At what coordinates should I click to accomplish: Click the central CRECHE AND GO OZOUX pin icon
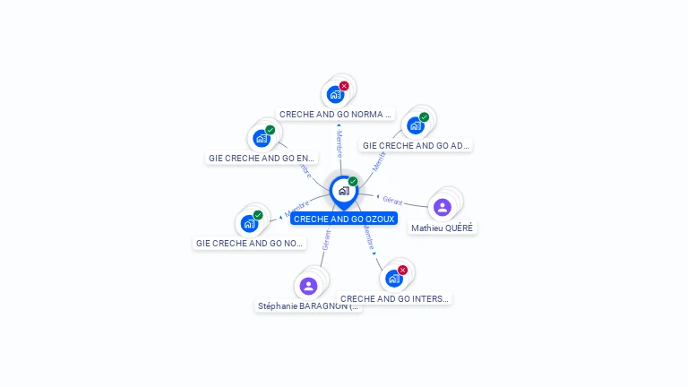click(x=343, y=191)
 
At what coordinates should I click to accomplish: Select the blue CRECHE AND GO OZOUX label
click(x=343, y=219)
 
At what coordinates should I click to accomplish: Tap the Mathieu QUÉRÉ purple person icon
click(x=442, y=207)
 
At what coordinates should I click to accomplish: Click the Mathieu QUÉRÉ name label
click(x=442, y=228)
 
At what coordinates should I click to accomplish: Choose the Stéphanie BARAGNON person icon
click(x=308, y=286)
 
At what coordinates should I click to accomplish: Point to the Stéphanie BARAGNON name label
click(x=308, y=306)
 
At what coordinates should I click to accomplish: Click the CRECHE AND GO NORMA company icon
click(x=335, y=94)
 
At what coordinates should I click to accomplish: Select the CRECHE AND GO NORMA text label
click(x=335, y=115)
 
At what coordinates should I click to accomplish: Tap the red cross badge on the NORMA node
click(x=344, y=86)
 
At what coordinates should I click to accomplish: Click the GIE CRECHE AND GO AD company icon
click(x=415, y=125)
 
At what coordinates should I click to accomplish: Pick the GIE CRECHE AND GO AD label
click(x=416, y=145)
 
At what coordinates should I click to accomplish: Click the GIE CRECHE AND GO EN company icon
click(x=261, y=138)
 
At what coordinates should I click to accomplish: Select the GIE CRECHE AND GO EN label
click(x=262, y=158)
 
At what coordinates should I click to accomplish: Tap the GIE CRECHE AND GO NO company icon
click(x=248, y=223)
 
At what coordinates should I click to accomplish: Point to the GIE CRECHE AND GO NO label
click(x=249, y=243)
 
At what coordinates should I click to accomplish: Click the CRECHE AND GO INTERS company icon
click(x=393, y=279)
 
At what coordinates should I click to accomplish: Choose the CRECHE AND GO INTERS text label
click(x=394, y=299)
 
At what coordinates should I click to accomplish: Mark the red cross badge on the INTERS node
click(x=402, y=270)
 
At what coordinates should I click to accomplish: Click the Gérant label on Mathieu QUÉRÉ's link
click(x=392, y=200)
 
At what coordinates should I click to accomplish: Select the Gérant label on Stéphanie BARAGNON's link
click(x=327, y=239)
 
